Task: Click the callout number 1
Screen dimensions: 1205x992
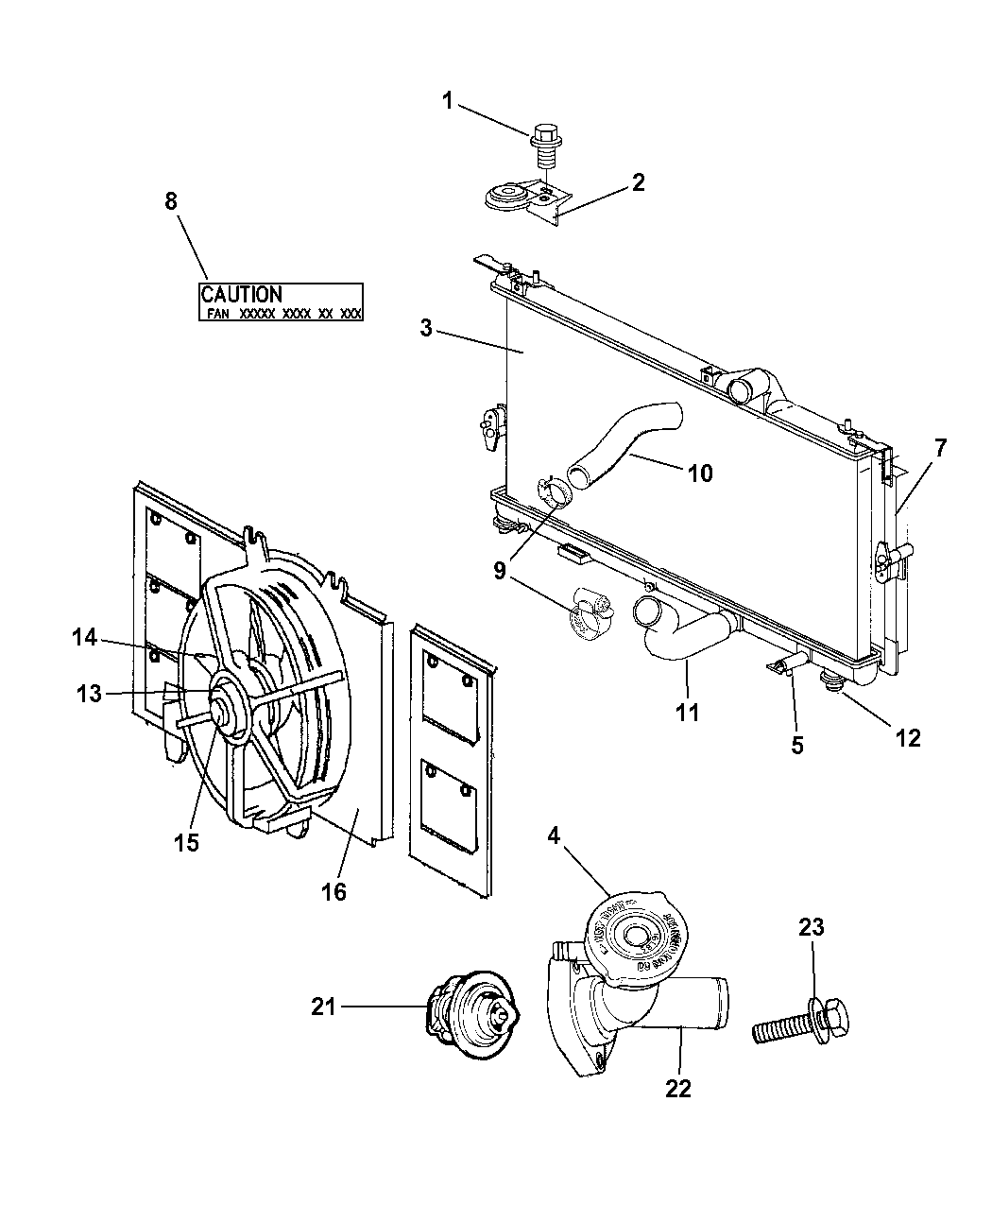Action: [x=448, y=100]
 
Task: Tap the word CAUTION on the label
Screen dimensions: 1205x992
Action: [x=241, y=295]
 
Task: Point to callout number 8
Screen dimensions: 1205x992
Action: [x=170, y=200]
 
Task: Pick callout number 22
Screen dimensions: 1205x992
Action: [x=677, y=1089]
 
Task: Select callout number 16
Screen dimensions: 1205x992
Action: [x=334, y=891]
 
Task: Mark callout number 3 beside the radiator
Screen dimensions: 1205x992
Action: [x=426, y=328]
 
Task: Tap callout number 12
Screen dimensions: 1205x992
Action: [x=907, y=737]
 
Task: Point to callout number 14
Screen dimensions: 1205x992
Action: [x=85, y=638]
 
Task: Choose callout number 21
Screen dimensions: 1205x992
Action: [x=323, y=1007]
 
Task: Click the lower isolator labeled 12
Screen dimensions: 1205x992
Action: [x=832, y=680]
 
